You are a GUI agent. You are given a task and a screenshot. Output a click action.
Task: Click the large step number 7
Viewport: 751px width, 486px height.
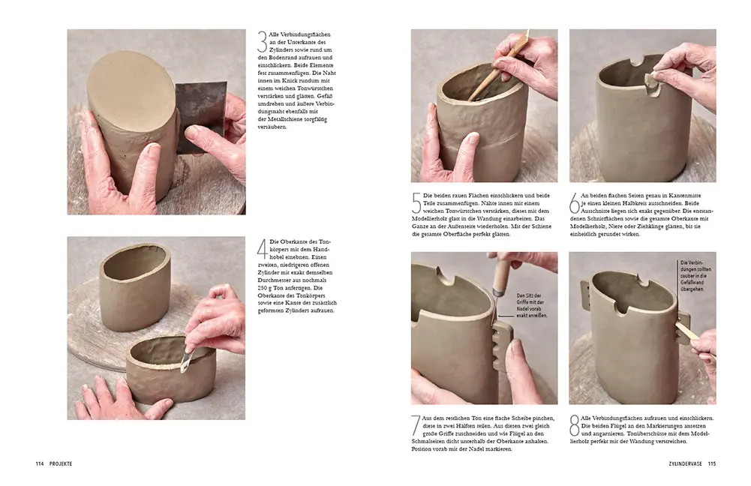pos(417,426)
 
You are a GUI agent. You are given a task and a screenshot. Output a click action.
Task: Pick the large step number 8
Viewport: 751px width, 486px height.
pos(575,426)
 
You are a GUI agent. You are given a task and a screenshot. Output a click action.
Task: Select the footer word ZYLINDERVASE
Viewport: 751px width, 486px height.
pos(683,464)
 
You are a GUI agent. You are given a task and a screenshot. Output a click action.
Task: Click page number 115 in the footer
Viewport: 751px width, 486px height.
pos(711,464)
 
